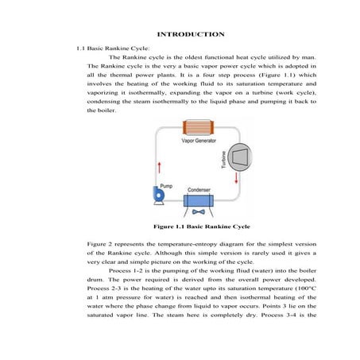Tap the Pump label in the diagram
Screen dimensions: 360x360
(x=166, y=185)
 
